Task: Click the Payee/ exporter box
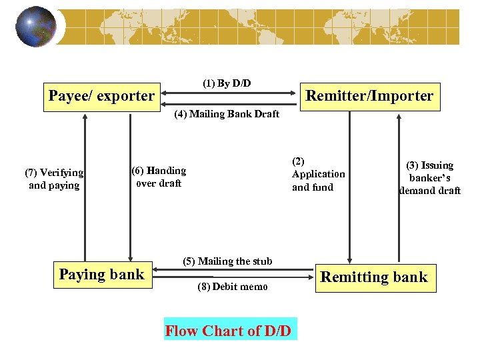pyautogui.click(x=101, y=96)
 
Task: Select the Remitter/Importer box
pyautogui.click(x=369, y=96)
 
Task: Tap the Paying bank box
pyautogui.click(x=101, y=275)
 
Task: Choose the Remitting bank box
pyautogui.click(x=374, y=277)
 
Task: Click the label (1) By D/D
pyautogui.click(x=227, y=83)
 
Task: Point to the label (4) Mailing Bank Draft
pyautogui.click(x=227, y=114)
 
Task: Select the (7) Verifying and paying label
pyautogui.click(x=54, y=179)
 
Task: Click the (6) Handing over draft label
pyautogui.click(x=159, y=177)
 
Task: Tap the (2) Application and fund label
pyautogui.click(x=318, y=174)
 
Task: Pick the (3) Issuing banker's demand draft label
pyautogui.click(x=430, y=177)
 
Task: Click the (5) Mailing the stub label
pyautogui.click(x=227, y=261)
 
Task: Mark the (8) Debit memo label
pyautogui.click(x=233, y=287)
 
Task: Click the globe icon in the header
pyautogui.click(x=36, y=27)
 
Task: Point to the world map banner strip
pyautogui.click(x=267, y=27)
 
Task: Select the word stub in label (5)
pyautogui.click(x=261, y=261)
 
